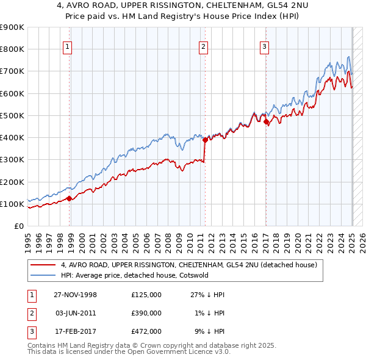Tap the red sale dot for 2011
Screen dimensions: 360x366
(205, 140)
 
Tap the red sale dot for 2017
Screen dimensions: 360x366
(267, 122)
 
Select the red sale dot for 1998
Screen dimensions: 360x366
(70, 198)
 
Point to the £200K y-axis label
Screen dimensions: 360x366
(12, 182)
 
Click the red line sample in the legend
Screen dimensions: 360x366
(43, 265)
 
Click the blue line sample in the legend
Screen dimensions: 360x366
(43, 275)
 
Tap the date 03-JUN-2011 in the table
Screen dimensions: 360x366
(76, 313)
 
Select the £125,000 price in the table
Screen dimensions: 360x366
(146, 295)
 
